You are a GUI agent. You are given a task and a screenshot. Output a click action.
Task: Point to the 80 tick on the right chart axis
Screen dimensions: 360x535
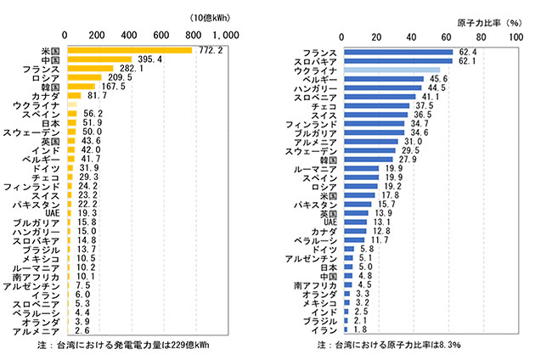click(x=484, y=35)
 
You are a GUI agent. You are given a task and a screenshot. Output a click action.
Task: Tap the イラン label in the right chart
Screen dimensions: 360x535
click(x=325, y=331)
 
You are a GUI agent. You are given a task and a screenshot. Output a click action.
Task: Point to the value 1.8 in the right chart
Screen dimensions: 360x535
click(x=358, y=331)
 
